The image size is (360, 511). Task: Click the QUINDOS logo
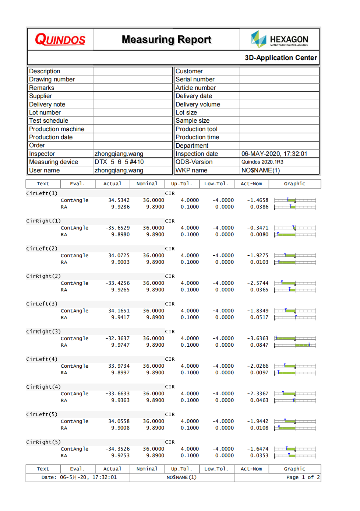60,39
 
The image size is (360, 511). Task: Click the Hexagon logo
279,39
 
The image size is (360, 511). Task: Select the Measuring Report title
166,39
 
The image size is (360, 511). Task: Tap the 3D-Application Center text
280,58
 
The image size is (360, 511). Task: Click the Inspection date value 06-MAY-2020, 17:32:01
274,154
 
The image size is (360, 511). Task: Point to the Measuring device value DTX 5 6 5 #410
119,162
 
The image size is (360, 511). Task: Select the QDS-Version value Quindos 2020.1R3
262,162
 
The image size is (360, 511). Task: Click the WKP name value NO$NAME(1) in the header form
261,170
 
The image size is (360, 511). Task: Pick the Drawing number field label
52,79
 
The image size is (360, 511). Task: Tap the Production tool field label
196,129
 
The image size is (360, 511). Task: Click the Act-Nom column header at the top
251,183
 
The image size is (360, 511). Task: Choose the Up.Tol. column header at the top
181,183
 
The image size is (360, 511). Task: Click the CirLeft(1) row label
42,193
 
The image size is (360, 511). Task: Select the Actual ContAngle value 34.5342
119,200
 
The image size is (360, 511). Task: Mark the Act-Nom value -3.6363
258,338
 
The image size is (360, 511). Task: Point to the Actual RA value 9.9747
120,345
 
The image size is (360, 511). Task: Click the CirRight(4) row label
43,386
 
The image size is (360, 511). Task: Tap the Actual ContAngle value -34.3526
117,449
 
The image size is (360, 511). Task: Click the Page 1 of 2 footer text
303,477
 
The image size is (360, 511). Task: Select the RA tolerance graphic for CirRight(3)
295,345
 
